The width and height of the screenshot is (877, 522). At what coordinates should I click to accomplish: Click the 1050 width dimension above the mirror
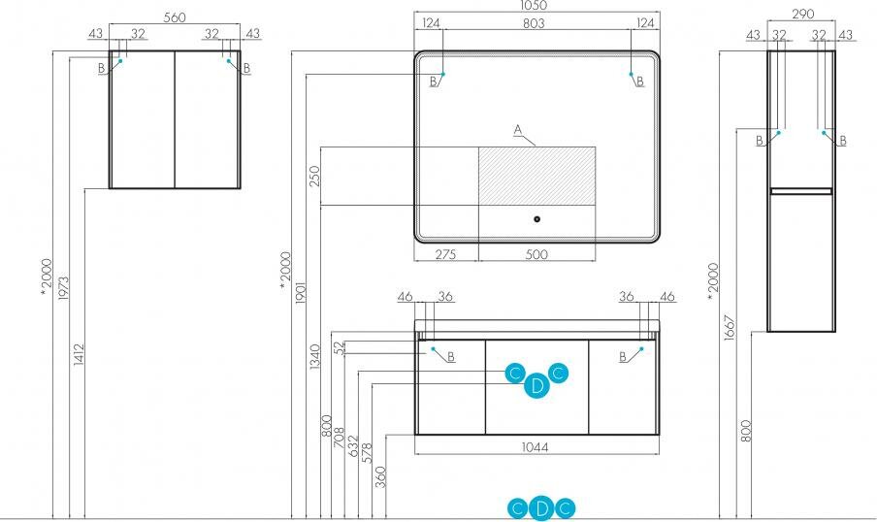536,6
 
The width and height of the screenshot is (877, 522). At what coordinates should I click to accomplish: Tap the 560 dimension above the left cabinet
175,17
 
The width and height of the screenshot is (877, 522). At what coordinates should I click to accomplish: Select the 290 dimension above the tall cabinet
801,14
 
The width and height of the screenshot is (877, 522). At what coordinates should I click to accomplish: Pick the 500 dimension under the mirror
536,254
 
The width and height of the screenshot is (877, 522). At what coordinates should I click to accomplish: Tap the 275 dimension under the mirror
446,254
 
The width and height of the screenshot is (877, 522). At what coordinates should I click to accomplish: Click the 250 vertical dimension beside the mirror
313,178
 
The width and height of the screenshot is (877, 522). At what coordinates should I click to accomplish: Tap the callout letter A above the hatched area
518,129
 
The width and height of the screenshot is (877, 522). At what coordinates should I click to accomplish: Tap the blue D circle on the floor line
542,507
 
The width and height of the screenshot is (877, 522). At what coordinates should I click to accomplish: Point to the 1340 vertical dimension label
314,359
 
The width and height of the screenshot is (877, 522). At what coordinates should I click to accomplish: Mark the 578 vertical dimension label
367,452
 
